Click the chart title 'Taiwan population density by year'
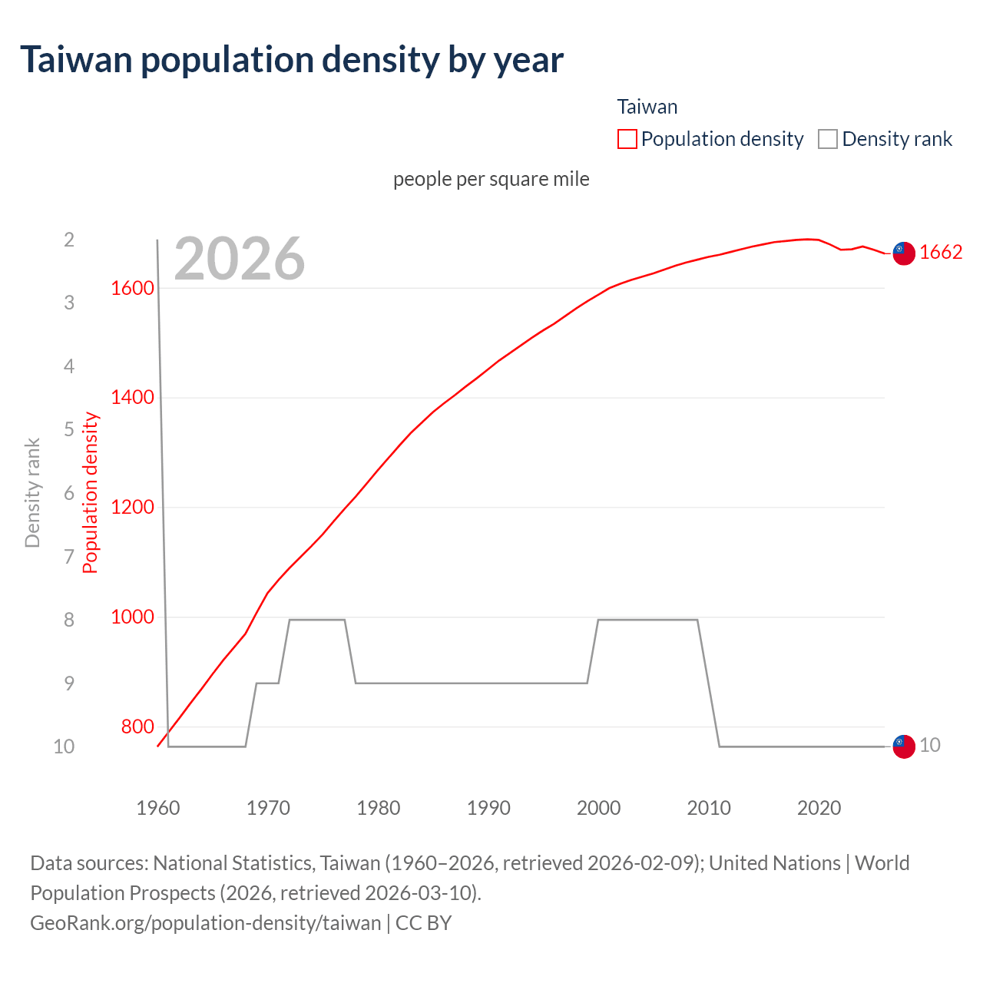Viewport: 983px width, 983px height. tap(292, 60)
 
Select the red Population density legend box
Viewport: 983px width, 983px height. tap(627, 139)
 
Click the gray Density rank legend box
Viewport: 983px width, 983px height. tap(827, 139)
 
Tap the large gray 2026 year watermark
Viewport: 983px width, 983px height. tap(240, 259)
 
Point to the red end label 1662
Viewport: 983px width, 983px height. tap(941, 253)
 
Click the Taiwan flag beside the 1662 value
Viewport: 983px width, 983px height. tap(904, 253)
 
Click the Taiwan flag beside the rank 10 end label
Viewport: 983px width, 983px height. tap(904, 746)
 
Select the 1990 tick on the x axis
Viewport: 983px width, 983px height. tap(488, 808)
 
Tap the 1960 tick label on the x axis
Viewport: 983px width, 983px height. tap(158, 808)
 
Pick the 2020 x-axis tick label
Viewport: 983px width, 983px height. tap(819, 808)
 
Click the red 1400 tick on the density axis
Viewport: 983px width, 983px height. tap(132, 398)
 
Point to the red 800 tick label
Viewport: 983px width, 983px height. tap(137, 726)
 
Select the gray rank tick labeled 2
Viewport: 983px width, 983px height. tap(69, 240)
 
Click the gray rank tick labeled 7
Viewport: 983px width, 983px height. tap(69, 556)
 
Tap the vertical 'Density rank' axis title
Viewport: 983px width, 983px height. tap(32, 493)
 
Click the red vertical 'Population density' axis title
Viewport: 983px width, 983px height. tap(91, 493)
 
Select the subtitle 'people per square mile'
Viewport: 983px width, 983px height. tap(491, 179)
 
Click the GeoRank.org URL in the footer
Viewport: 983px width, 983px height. tap(205, 922)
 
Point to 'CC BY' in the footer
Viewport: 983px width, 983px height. tap(423, 922)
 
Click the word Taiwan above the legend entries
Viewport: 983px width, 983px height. tap(647, 107)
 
